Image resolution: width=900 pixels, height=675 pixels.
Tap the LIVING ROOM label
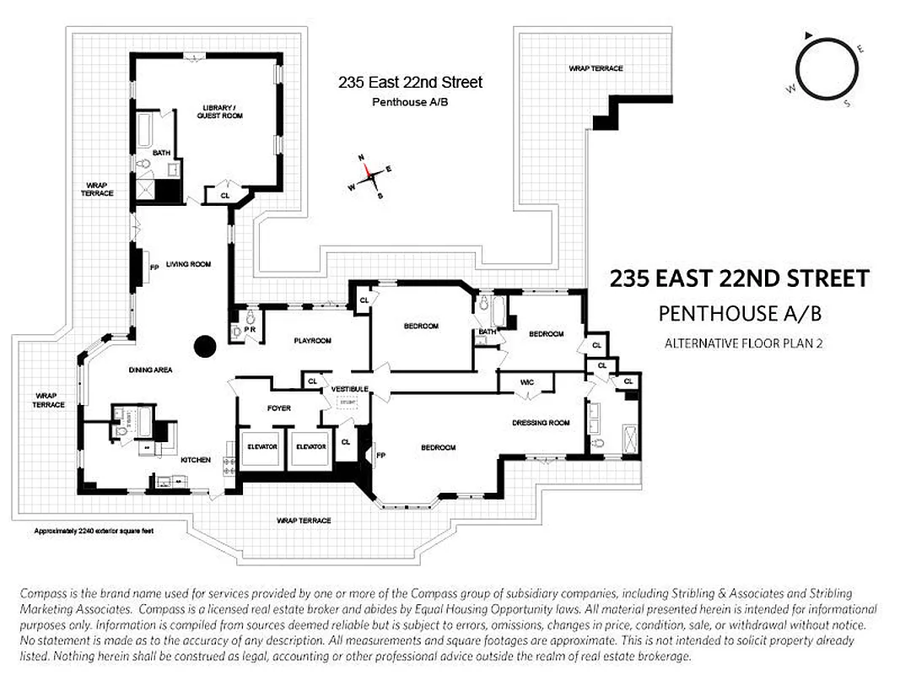coord(187,264)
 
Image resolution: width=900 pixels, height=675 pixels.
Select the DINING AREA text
coord(151,370)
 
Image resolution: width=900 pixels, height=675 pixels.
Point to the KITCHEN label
coord(195,460)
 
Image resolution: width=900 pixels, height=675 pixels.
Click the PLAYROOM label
coord(312,341)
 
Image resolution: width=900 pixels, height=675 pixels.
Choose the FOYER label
coord(278,408)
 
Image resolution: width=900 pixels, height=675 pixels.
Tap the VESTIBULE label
coord(349,388)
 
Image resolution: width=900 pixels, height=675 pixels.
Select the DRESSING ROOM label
coord(541,422)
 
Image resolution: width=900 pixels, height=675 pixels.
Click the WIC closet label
coord(527,382)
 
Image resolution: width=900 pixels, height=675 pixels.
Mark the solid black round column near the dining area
coord(205,346)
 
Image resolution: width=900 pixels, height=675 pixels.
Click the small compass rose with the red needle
coord(368,177)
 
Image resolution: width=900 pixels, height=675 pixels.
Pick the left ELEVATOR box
coord(261,446)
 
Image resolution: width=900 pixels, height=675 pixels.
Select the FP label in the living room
coord(154,267)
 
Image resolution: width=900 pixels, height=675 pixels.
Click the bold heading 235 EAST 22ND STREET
coord(738,278)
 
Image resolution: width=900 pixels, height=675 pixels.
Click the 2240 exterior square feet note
coord(93,532)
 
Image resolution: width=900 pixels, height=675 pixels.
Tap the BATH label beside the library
coord(161,153)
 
